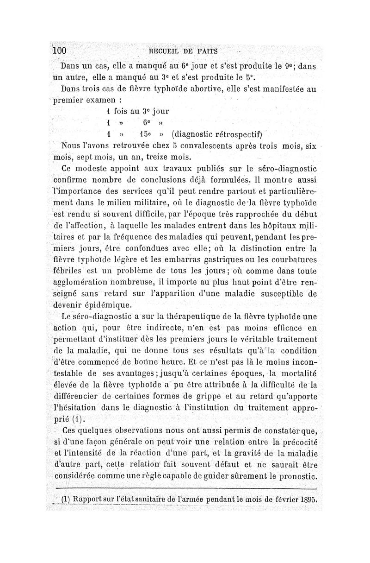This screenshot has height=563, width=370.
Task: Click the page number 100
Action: tap(60, 50)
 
